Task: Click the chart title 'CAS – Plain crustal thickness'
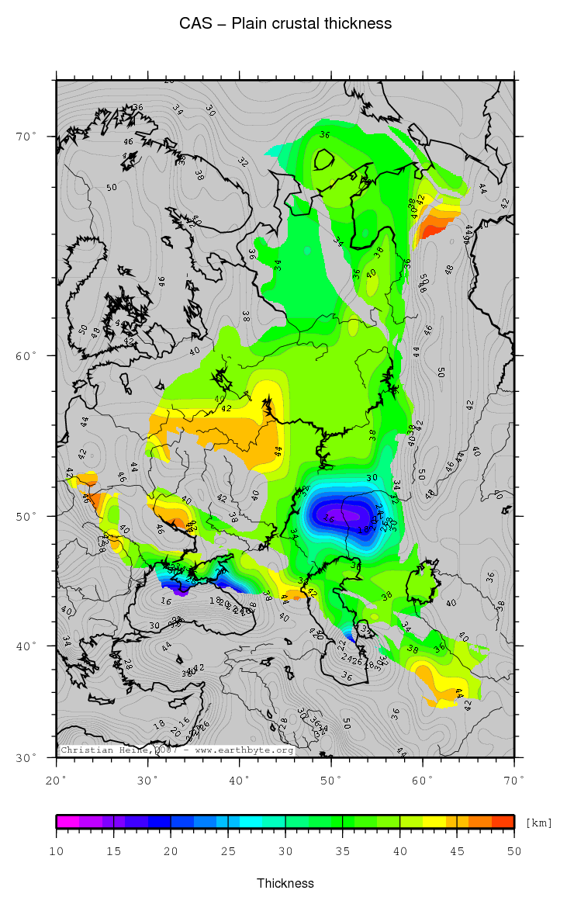pyautogui.click(x=285, y=24)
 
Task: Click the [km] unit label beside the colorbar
pyautogui.click(x=538, y=823)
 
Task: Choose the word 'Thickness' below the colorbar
pyautogui.click(x=285, y=883)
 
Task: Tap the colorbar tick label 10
pyautogui.click(x=57, y=851)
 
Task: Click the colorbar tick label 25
pyautogui.click(x=228, y=851)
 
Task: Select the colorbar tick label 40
pyautogui.click(x=400, y=851)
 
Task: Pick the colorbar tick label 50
pyautogui.click(x=514, y=851)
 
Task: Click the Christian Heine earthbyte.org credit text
pyautogui.click(x=177, y=750)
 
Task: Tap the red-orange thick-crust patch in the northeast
pyautogui.click(x=432, y=227)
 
